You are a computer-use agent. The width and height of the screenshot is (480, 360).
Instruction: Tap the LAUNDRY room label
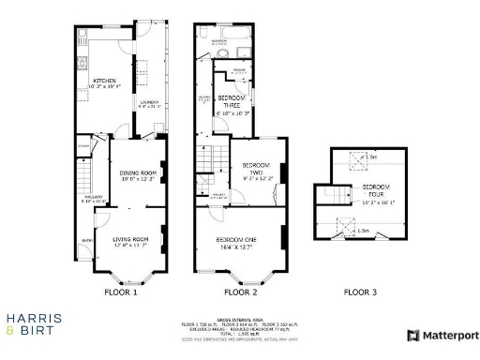(x=148, y=103)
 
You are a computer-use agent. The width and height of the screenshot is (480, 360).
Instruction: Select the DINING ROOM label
(x=138, y=174)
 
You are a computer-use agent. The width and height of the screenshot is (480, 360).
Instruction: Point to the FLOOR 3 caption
(x=360, y=292)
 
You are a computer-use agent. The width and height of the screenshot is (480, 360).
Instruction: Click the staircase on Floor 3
(x=331, y=195)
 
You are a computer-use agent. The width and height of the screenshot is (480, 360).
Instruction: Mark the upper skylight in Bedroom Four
(x=355, y=158)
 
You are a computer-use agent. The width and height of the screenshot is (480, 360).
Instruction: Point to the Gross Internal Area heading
(x=240, y=320)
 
